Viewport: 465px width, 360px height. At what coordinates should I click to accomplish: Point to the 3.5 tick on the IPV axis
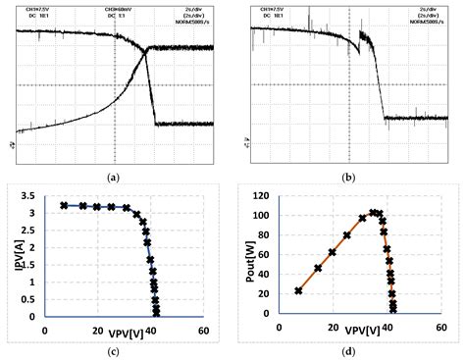pyautogui.click(x=34, y=197)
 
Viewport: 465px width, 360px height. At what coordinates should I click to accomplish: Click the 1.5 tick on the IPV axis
pyautogui.click(x=34, y=265)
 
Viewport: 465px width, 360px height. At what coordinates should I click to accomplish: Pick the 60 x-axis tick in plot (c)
pyautogui.click(x=202, y=330)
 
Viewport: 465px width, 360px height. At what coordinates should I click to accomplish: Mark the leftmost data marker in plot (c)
pyautogui.click(x=64, y=206)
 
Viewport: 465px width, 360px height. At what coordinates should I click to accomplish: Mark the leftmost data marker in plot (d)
pyautogui.click(x=298, y=290)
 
